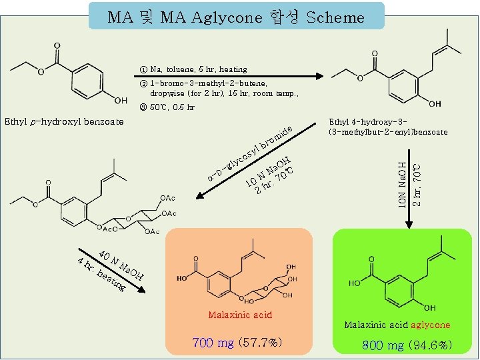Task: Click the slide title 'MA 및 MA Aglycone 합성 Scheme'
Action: [x=237, y=17]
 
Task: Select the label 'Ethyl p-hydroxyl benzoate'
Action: [x=64, y=121]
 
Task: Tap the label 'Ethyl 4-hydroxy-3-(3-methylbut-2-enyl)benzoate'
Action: [x=387, y=127]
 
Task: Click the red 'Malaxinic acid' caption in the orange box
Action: [x=240, y=315]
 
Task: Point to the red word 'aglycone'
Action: [x=430, y=325]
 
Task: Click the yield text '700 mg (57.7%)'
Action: [x=237, y=343]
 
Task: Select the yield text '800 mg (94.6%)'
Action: [x=407, y=345]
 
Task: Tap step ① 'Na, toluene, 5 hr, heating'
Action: [x=193, y=69]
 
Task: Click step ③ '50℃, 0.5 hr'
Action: [x=167, y=107]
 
